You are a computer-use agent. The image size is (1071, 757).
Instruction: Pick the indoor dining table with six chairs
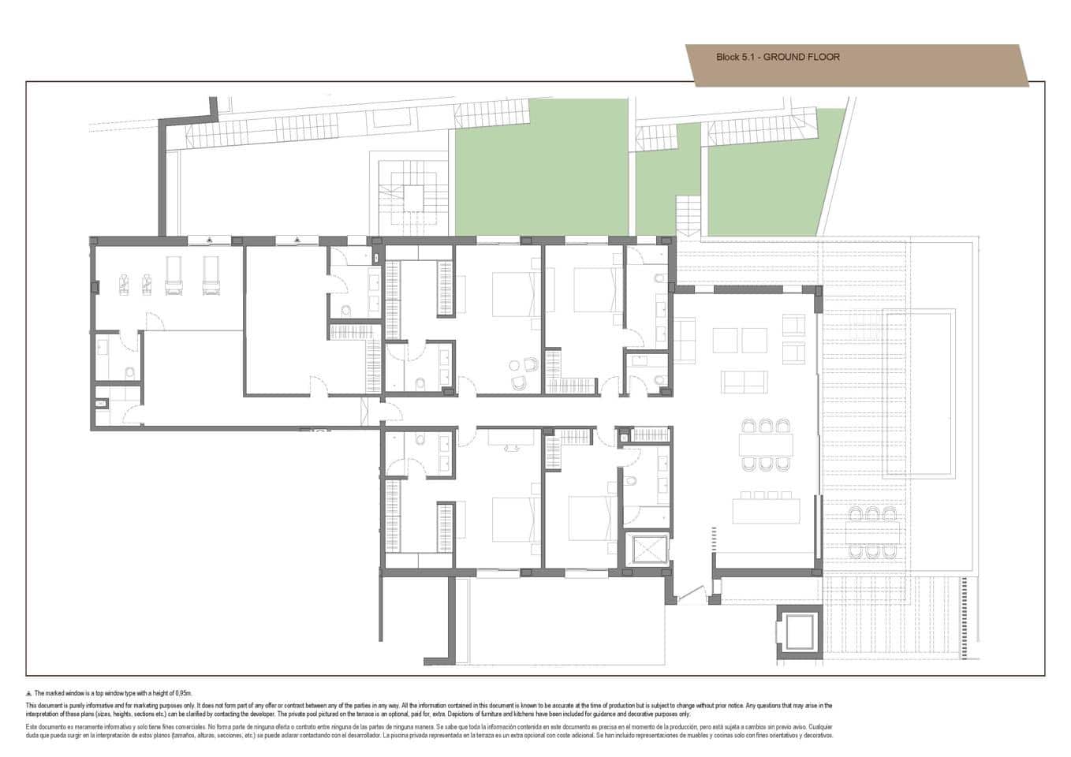click(x=765, y=445)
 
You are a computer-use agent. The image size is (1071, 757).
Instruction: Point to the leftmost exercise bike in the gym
click(x=124, y=282)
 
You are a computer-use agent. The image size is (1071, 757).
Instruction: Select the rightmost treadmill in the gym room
click(x=210, y=277)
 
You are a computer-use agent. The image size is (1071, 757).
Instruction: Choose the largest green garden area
click(x=541, y=167)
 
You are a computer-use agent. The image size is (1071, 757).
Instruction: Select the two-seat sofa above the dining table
click(x=746, y=382)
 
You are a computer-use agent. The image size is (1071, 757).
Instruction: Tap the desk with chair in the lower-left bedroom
click(x=508, y=438)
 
